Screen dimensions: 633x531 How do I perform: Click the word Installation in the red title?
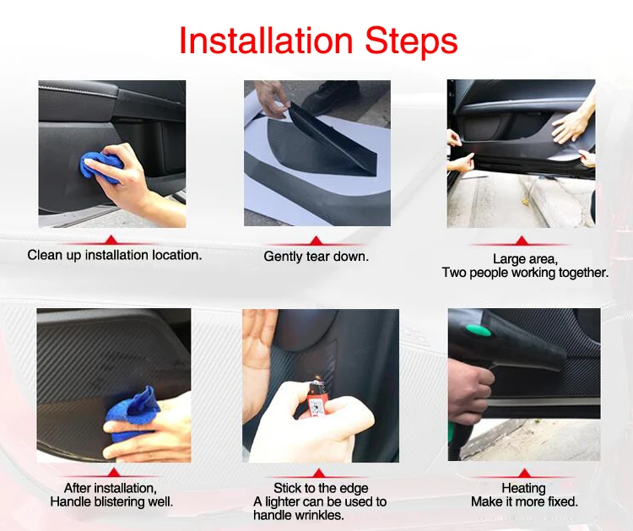[x=266, y=40]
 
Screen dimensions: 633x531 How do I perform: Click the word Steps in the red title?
[x=411, y=41]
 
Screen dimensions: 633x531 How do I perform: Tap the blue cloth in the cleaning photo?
[x=100, y=168]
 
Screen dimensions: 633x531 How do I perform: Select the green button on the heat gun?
[x=478, y=329]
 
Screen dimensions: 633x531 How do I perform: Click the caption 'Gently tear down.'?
[x=316, y=257]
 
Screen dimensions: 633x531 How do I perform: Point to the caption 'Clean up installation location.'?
[x=115, y=255]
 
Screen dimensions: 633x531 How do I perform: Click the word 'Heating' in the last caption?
[x=523, y=488]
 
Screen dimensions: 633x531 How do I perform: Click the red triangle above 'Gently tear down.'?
[x=316, y=241]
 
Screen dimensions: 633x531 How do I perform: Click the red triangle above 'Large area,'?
[x=522, y=241]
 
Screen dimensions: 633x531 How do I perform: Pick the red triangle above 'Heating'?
[x=524, y=474]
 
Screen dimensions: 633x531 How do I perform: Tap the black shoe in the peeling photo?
[x=331, y=97]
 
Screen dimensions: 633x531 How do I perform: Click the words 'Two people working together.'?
[x=525, y=273]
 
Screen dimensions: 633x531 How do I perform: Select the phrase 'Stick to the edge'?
[x=321, y=488]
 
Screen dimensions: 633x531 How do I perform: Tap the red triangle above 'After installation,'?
[x=114, y=473]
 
